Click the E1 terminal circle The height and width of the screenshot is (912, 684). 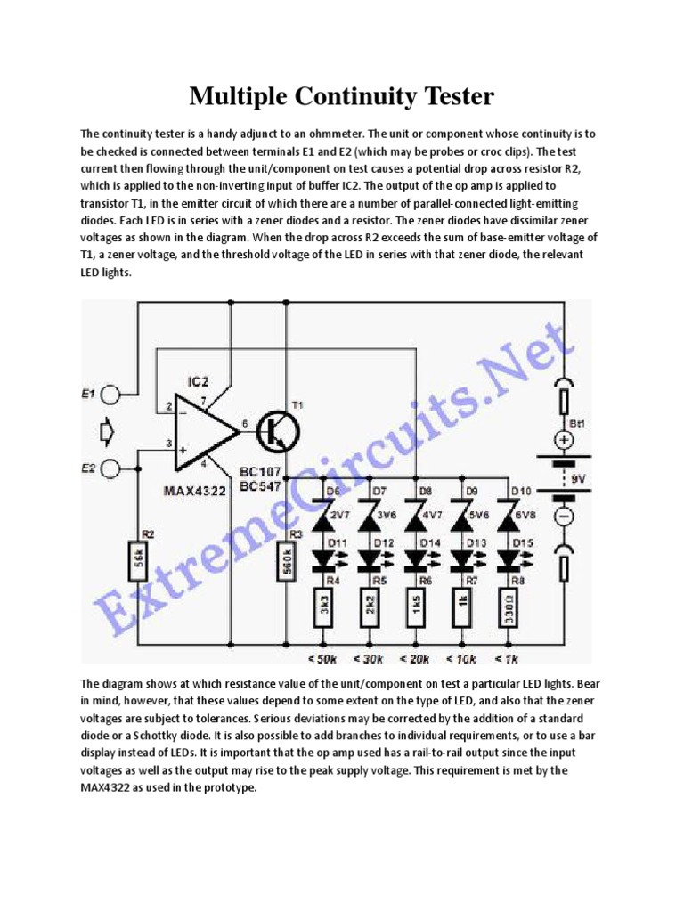[110, 394]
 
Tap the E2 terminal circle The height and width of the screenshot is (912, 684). [110, 468]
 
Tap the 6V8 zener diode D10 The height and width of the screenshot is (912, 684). [509, 515]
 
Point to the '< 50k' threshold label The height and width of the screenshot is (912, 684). [322, 659]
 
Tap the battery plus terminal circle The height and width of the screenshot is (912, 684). [564, 439]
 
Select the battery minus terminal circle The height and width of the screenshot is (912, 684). [564, 516]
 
